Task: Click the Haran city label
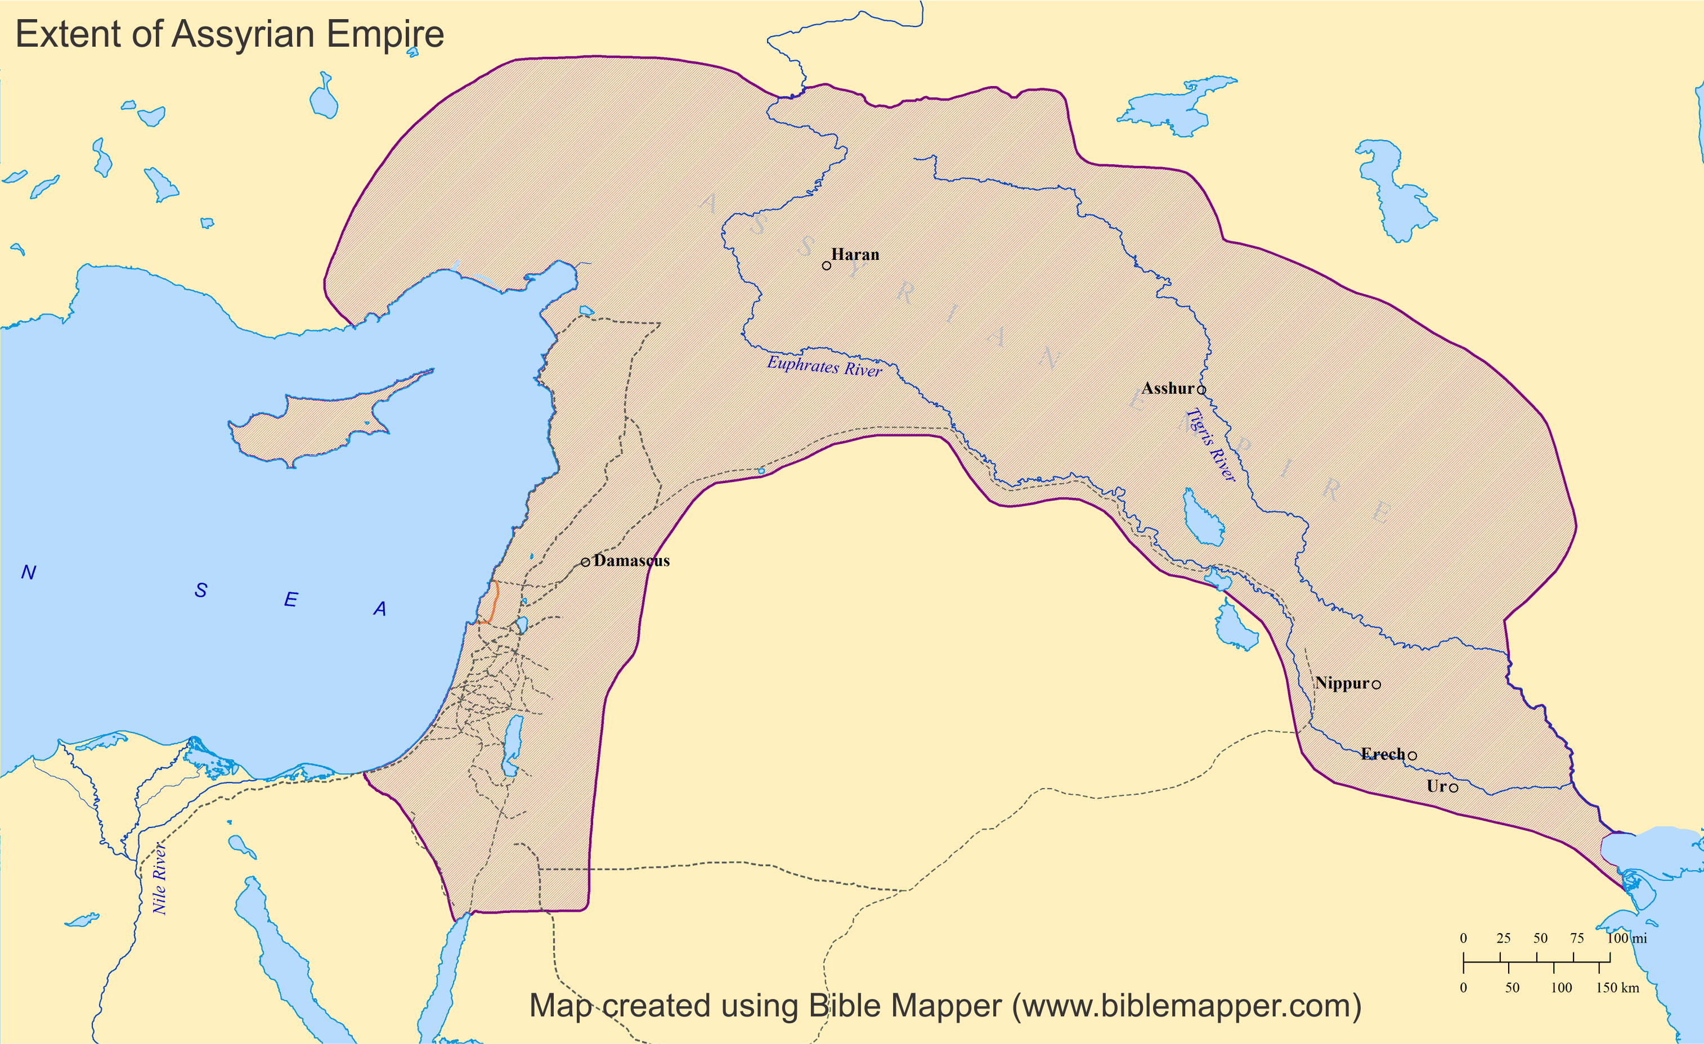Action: coord(855,254)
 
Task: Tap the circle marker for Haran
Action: coord(827,265)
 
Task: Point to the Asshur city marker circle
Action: coord(1201,390)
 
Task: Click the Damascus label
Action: coord(631,561)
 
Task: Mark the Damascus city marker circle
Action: coord(586,562)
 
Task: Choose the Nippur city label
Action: coord(1342,683)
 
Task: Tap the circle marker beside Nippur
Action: coord(1376,685)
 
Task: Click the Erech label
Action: coord(1383,754)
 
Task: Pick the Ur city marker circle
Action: coord(1454,787)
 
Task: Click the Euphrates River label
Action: coord(824,366)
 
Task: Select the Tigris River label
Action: coord(1211,444)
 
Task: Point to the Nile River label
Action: coord(160,878)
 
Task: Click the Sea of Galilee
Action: coord(522,625)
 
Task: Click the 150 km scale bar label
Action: coord(1617,987)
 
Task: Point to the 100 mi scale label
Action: coord(1626,938)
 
